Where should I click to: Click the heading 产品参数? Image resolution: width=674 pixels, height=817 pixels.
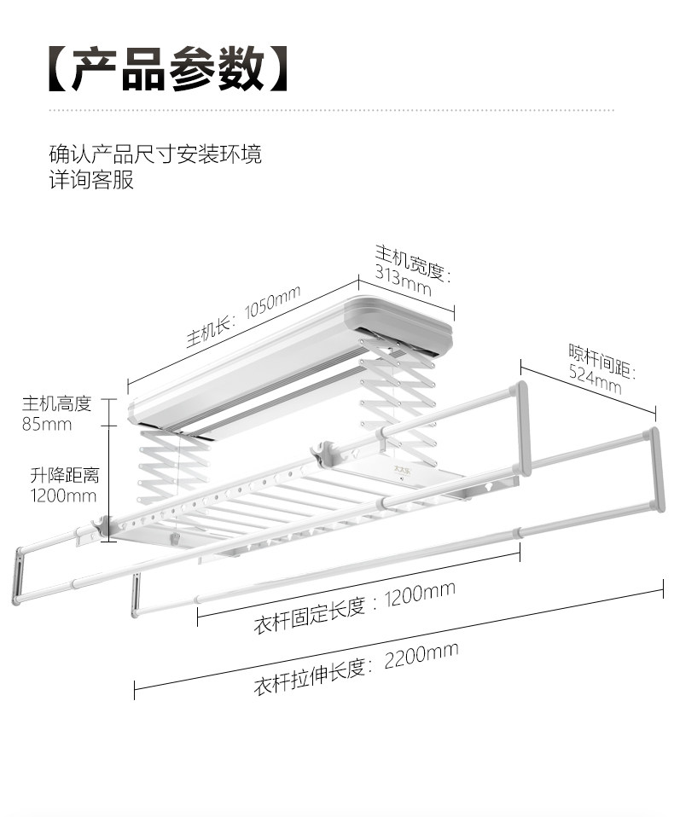[168, 69]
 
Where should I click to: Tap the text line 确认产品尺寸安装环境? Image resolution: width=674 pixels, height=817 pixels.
[156, 154]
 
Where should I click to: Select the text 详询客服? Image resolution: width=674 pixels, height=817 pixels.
[92, 180]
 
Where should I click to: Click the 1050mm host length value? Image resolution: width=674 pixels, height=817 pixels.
[272, 302]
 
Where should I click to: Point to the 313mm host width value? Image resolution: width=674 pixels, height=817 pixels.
[403, 281]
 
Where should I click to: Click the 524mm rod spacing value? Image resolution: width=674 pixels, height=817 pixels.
[595, 379]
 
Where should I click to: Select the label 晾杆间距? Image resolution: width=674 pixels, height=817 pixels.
[600, 360]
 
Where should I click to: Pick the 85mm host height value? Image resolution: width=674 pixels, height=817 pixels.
[46, 424]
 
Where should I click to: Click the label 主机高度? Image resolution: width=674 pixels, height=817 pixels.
[56, 404]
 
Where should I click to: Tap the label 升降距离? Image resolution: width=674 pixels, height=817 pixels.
[65, 475]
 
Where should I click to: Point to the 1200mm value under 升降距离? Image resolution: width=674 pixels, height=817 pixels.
[64, 495]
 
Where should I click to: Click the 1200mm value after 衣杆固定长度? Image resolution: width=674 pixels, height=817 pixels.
[420, 595]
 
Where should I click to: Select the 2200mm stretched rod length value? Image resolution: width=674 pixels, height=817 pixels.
[421, 656]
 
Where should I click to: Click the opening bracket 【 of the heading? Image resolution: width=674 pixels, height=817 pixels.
[60, 69]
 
